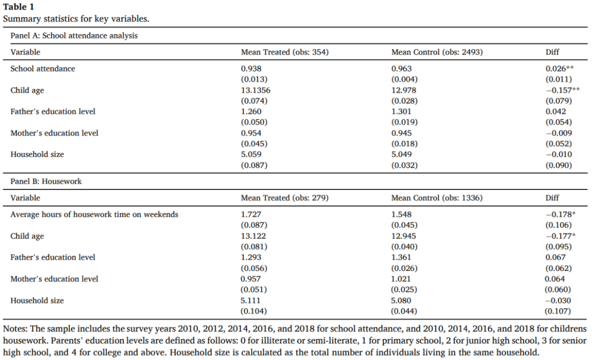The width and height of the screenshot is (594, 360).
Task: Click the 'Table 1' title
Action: [x=19, y=7]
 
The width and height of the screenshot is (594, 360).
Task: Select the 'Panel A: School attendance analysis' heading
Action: [x=74, y=36]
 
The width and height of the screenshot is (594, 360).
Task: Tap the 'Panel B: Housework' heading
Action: [x=46, y=181]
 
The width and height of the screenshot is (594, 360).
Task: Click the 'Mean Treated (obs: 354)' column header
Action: [x=284, y=52]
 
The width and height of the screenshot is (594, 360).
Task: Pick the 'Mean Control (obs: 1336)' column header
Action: [x=437, y=198]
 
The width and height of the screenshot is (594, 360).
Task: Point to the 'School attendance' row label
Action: [x=43, y=69]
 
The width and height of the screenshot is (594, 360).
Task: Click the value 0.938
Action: [x=251, y=69]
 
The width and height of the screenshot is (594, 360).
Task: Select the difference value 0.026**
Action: [x=559, y=69]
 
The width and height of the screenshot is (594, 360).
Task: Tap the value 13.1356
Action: [x=256, y=90]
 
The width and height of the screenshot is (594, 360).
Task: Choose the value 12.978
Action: [x=404, y=90]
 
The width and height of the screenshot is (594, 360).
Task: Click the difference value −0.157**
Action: [x=563, y=90]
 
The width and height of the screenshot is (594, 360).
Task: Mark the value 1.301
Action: [x=401, y=111]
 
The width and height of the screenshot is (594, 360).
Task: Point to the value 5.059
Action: [x=251, y=154]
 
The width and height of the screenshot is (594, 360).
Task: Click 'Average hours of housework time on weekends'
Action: [x=95, y=215]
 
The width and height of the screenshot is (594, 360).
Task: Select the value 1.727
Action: [x=251, y=215]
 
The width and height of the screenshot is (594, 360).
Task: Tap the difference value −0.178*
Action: [x=560, y=215]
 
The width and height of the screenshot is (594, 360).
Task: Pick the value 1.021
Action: [x=401, y=279]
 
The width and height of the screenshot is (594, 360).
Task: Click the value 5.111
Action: [x=251, y=301]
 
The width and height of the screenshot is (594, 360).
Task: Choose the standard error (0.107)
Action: [x=558, y=311]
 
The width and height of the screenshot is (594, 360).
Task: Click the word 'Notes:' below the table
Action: [x=15, y=329]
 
